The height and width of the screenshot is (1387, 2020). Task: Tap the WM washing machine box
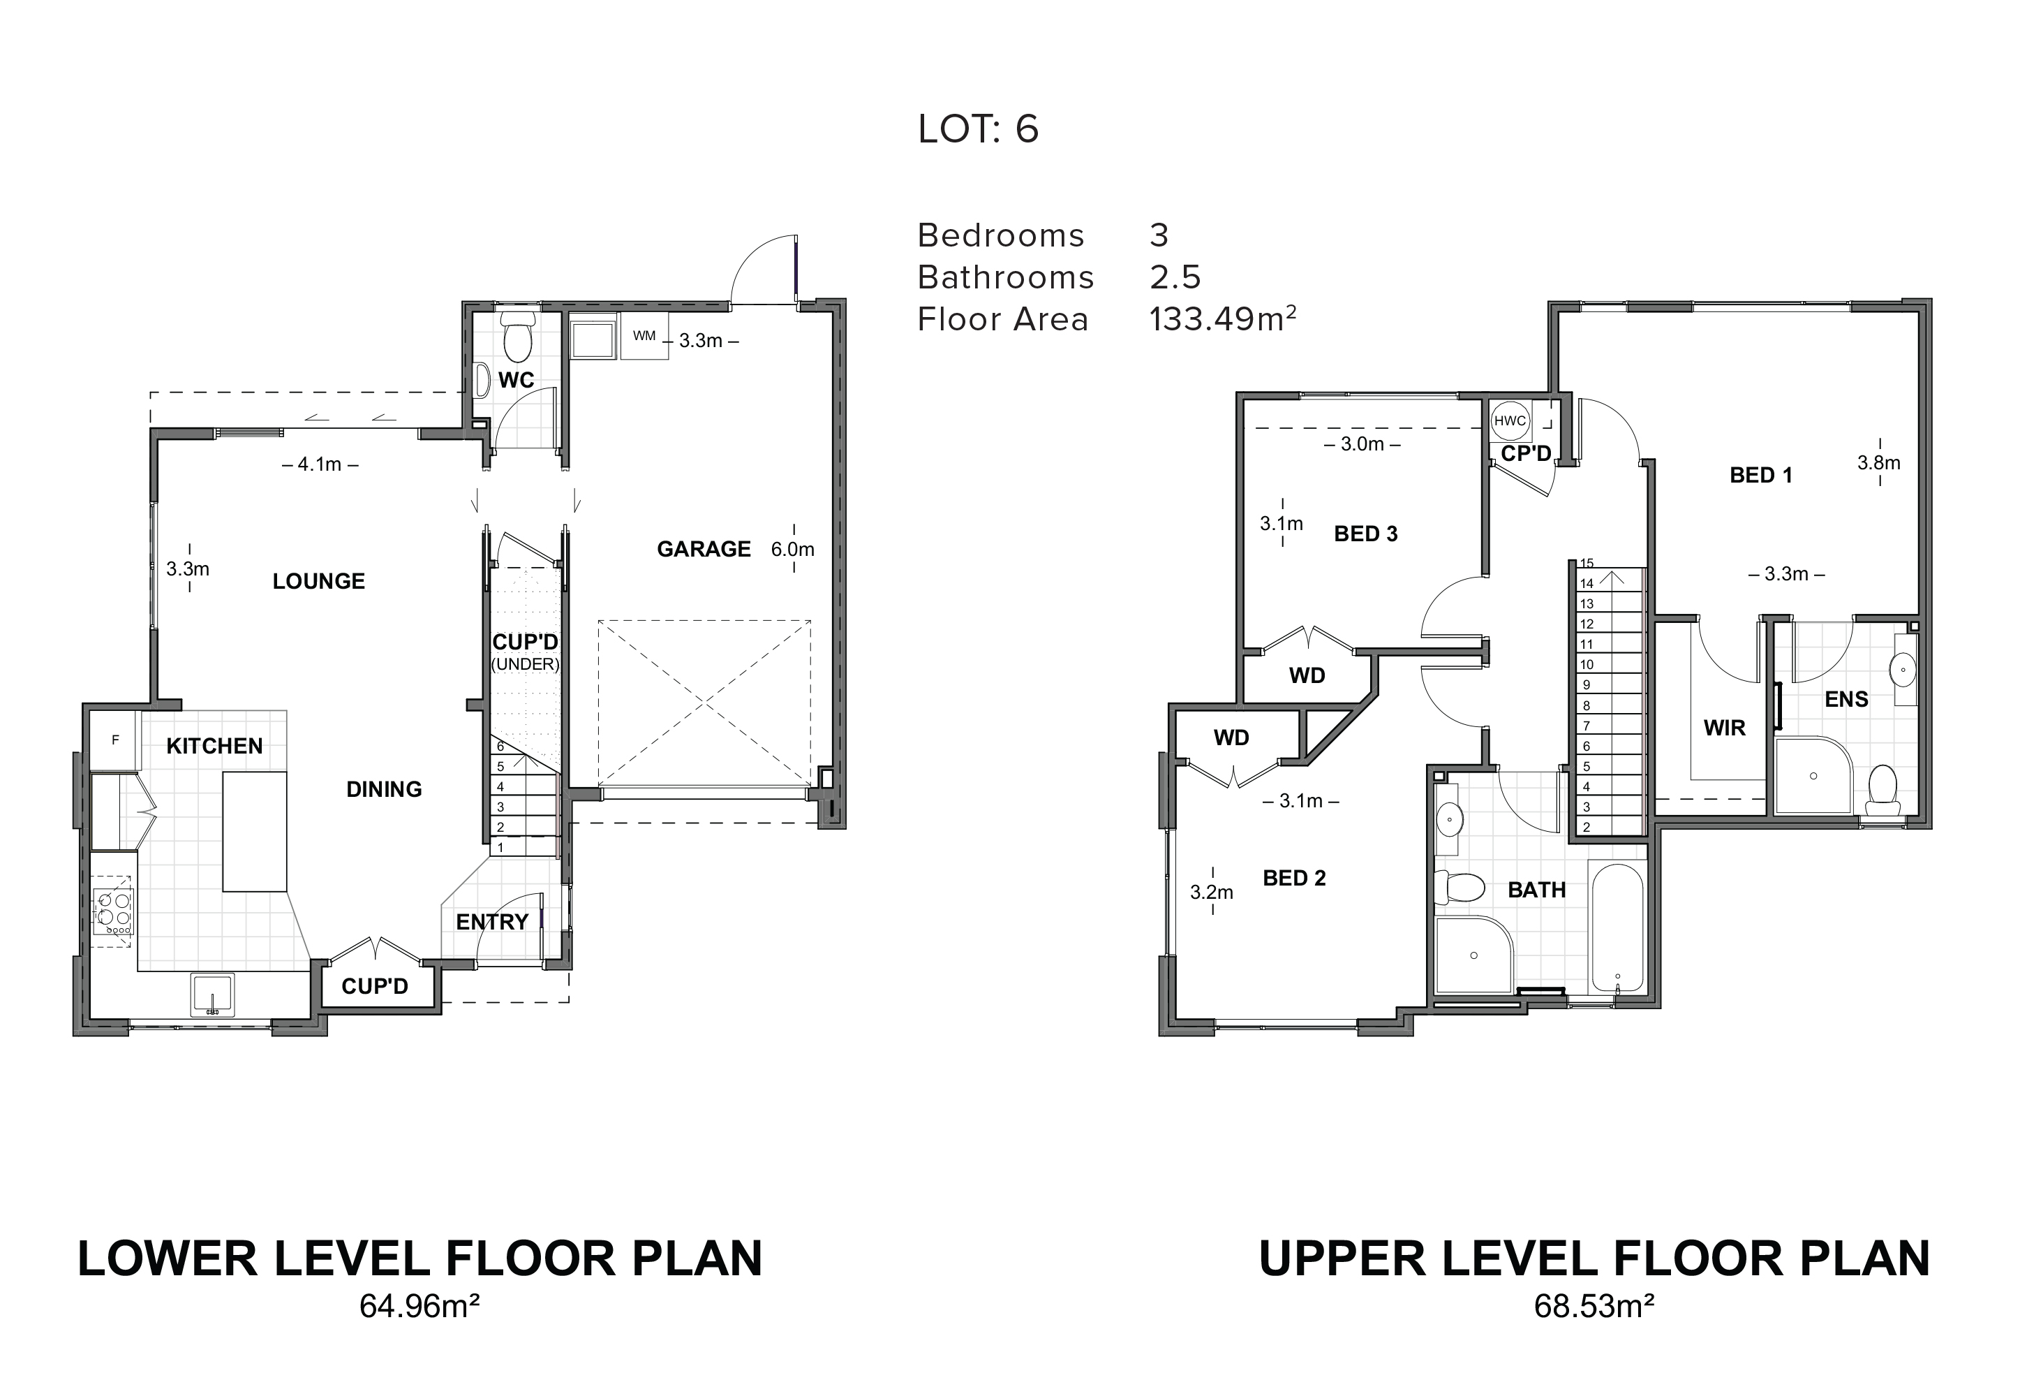click(x=645, y=336)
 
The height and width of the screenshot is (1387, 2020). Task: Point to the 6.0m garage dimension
click(x=793, y=549)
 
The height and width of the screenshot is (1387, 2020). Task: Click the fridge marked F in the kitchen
click(x=114, y=740)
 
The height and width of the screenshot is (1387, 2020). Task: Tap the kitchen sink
click(x=213, y=995)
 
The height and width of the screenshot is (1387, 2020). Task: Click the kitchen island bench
click(x=255, y=831)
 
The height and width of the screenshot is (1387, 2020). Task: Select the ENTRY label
click(x=492, y=922)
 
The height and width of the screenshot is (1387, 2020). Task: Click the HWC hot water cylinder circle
click(x=1510, y=421)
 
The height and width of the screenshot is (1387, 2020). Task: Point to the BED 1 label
click(x=1761, y=475)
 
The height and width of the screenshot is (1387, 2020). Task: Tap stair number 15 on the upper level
click(x=1587, y=563)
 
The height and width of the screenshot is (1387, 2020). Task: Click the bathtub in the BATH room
click(x=1617, y=927)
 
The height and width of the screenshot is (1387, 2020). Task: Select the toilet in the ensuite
click(x=1882, y=788)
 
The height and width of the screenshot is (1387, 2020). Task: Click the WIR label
click(x=1725, y=728)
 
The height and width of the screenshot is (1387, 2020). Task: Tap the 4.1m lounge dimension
click(x=320, y=464)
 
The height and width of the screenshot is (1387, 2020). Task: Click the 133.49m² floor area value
click(x=1223, y=318)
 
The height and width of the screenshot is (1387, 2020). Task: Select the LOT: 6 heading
click(x=979, y=129)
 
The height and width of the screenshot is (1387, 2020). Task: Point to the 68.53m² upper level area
click(x=1594, y=1330)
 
